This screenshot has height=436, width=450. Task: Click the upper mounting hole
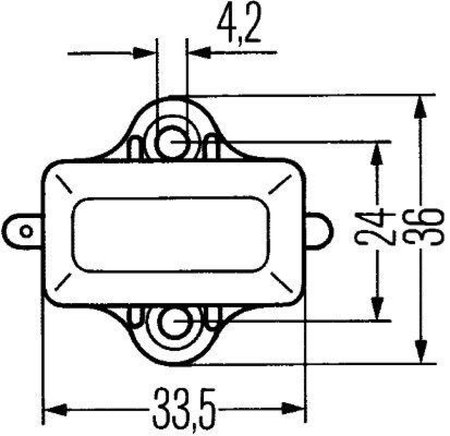pos(172,141)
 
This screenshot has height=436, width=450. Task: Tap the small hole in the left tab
pos(25,231)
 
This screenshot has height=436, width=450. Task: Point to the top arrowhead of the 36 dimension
pos(420,106)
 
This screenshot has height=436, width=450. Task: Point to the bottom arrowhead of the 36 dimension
pos(420,352)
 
